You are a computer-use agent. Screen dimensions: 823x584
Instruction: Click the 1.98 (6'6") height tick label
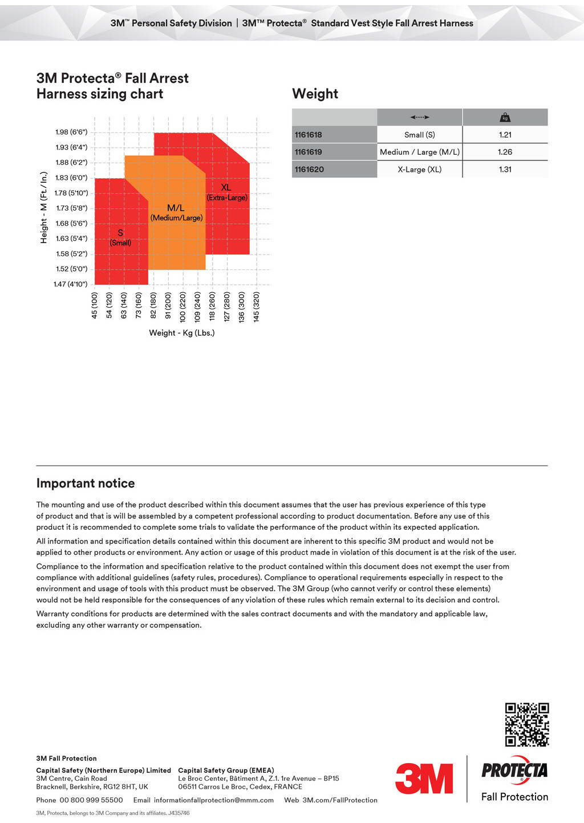coord(71,132)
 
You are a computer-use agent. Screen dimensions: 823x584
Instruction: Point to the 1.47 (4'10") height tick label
coord(70,284)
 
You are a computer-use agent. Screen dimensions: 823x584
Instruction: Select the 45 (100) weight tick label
coord(95,305)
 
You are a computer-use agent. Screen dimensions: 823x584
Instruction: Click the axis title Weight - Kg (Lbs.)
coord(181,333)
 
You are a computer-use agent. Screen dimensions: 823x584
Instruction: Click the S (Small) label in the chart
coord(120,237)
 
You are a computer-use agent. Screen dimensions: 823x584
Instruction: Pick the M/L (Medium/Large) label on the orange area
coord(176,212)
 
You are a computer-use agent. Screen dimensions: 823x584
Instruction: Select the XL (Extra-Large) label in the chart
coord(226,192)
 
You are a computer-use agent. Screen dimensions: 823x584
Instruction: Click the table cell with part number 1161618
coord(309,135)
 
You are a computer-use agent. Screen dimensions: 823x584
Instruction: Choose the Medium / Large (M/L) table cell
coord(420,152)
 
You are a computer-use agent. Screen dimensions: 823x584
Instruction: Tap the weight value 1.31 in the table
coord(505,170)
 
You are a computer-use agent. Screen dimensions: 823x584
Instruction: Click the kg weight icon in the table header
coord(505,118)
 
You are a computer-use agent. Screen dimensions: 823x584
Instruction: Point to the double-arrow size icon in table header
coord(419,118)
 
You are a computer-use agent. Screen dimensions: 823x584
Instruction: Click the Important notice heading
coord(86,483)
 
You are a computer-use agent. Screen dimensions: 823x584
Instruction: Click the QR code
coord(527,724)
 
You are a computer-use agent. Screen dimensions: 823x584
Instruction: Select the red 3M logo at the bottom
coord(424,778)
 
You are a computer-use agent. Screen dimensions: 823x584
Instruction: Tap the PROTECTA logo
coord(514,770)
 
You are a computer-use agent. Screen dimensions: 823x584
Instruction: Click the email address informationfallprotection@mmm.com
coord(213,800)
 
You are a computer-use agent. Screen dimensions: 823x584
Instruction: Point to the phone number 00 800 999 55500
coord(91,800)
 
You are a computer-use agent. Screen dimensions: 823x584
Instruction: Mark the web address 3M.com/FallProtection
coord(340,800)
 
